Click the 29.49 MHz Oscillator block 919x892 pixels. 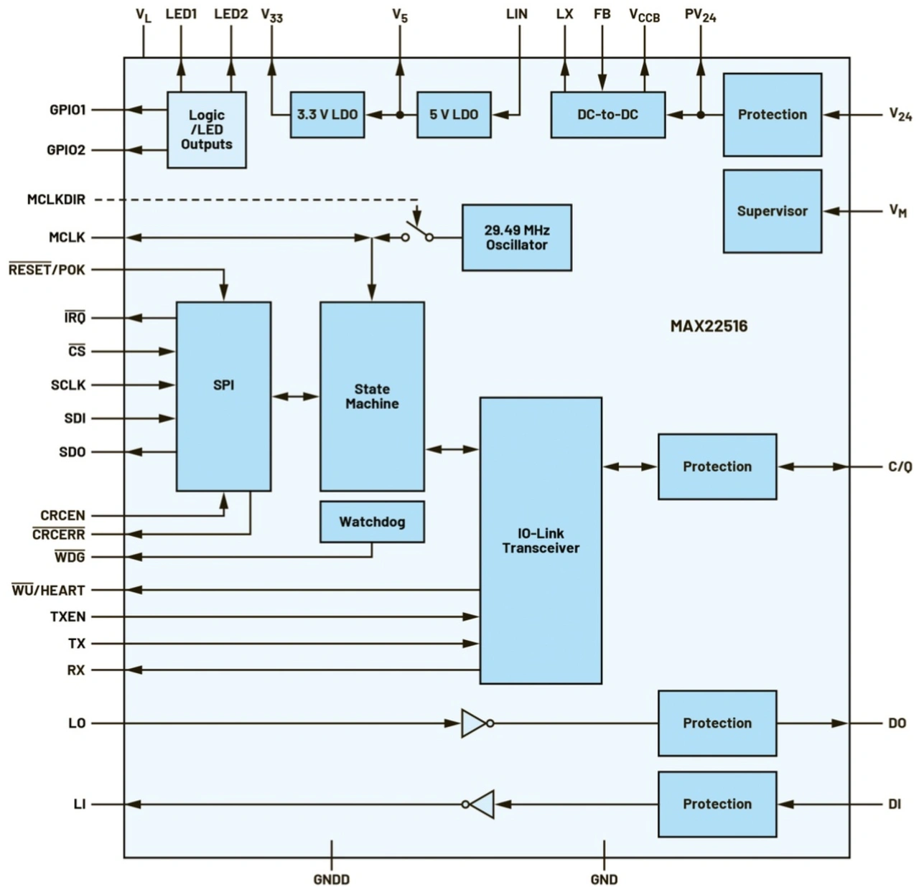point(516,238)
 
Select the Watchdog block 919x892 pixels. point(372,522)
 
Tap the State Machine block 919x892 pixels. point(372,396)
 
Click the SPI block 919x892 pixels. point(223,396)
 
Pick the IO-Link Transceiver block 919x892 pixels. point(541,540)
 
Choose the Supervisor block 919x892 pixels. point(772,211)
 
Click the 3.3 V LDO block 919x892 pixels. point(327,115)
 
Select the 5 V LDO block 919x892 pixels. point(454,115)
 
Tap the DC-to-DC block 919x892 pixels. point(607,115)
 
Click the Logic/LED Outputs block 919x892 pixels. point(206,130)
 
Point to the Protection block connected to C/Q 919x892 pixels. point(717,466)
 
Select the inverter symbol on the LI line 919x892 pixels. point(480,804)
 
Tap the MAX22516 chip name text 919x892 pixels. point(709,327)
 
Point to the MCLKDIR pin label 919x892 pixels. point(56,199)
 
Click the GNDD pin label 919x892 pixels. point(332,879)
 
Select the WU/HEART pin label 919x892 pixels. point(49,591)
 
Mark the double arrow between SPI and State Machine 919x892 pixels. point(295,396)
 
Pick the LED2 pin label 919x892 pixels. point(231,14)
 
